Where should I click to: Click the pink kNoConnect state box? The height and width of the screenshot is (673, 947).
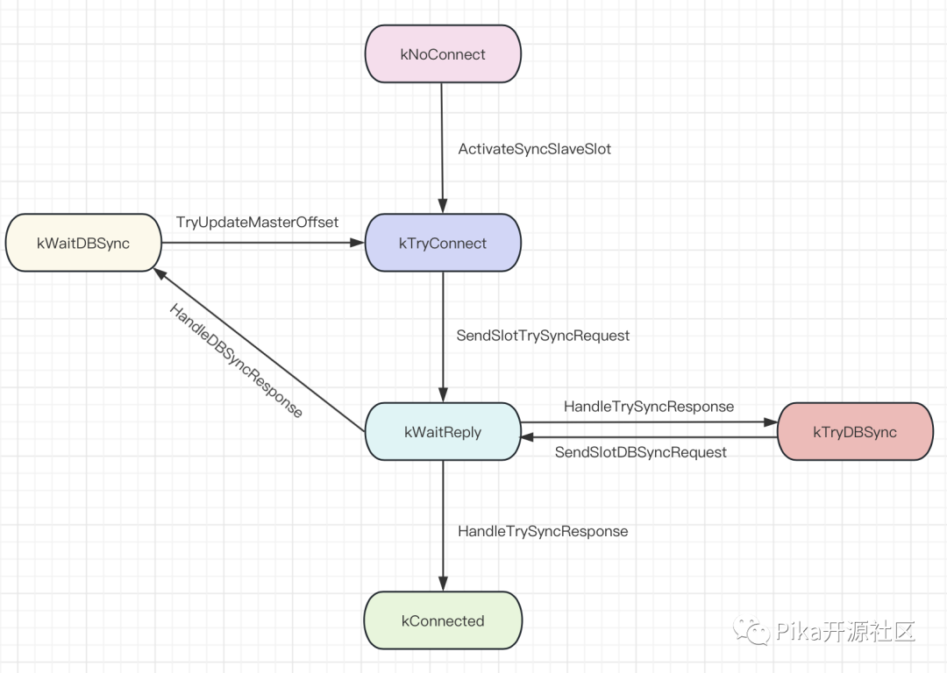pos(443,53)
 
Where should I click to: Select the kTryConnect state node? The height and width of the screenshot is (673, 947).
pos(443,243)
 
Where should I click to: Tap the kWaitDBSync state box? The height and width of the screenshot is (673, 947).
pos(83,243)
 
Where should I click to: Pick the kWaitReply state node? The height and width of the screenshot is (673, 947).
pos(443,431)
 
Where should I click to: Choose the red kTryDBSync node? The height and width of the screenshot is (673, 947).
pos(855,431)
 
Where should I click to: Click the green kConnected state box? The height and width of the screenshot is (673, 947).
pos(443,620)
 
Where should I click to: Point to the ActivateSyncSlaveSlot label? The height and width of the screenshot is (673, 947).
pos(535,149)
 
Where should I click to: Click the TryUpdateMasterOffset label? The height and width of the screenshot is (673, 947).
pos(257,223)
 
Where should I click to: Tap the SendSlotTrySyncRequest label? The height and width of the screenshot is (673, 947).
pos(543,336)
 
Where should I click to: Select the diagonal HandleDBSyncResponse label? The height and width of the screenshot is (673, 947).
pos(236,360)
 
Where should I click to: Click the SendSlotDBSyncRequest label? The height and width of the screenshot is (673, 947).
pos(641,453)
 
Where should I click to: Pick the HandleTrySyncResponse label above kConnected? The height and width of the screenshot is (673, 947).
pos(543,531)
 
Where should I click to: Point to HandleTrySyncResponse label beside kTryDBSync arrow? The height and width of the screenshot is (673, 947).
pos(649,407)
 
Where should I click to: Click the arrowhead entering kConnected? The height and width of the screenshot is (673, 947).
pos(443,584)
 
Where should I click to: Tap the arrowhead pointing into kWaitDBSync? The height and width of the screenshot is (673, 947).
pos(160,274)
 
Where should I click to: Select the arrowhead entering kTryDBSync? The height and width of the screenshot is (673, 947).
pos(770,422)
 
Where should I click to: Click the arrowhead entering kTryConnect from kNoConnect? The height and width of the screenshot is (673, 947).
pos(443,206)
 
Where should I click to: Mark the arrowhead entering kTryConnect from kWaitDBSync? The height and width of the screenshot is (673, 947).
pos(358,243)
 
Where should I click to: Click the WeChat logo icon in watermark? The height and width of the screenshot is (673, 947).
pos(752,631)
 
